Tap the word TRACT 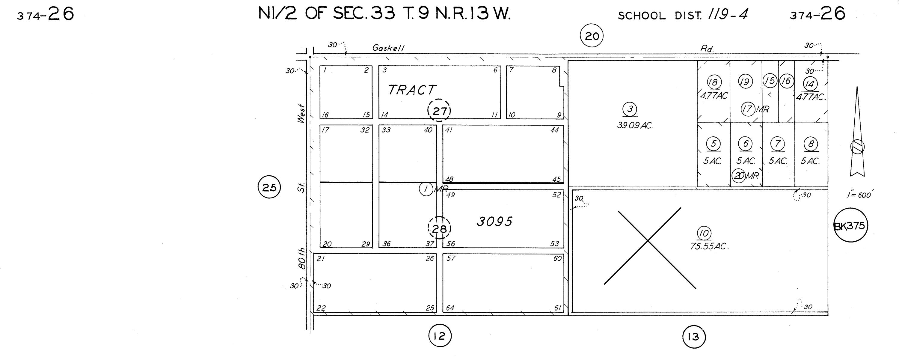[412, 90]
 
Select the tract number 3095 [494, 222]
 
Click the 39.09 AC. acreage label [635, 125]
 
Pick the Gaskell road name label [388, 48]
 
